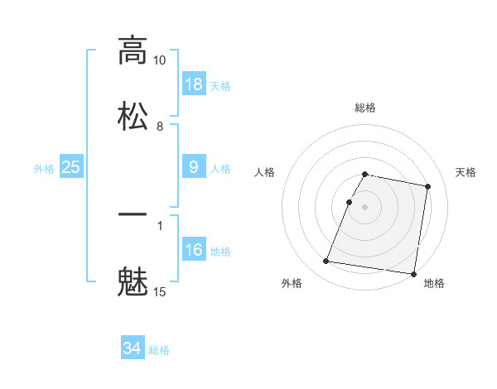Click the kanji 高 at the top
(x=133, y=50)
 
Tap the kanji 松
(x=133, y=115)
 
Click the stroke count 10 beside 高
(x=160, y=61)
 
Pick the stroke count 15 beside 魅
(x=160, y=291)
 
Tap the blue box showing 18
(x=194, y=84)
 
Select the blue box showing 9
(x=194, y=167)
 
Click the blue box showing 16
(x=194, y=249)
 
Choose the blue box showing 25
(x=71, y=167)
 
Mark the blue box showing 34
(x=133, y=348)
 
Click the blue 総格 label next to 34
(x=159, y=350)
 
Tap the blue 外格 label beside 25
(x=44, y=169)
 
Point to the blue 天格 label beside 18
(x=220, y=85)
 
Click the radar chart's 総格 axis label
(x=365, y=108)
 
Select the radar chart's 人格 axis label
(x=265, y=172)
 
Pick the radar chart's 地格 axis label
(x=434, y=284)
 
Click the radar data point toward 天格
(x=427, y=188)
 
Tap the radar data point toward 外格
(x=326, y=262)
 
